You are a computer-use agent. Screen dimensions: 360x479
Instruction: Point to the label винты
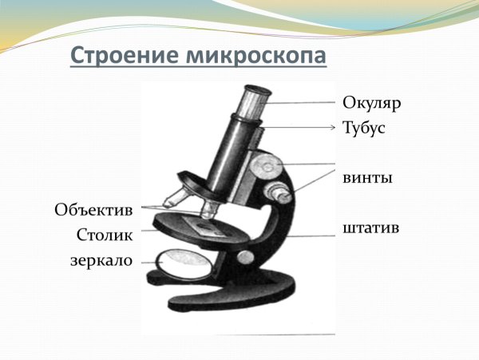pyautogui.click(x=367, y=177)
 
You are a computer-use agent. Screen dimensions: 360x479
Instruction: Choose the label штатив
pyautogui.click(x=371, y=229)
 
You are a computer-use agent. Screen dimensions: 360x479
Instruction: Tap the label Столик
pyautogui.click(x=105, y=235)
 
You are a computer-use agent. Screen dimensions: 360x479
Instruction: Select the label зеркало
pyautogui.click(x=101, y=260)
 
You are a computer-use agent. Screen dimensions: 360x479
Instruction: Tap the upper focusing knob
pyautogui.click(x=267, y=166)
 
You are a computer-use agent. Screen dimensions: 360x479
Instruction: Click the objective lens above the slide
pyautogui.click(x=210, y=209)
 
